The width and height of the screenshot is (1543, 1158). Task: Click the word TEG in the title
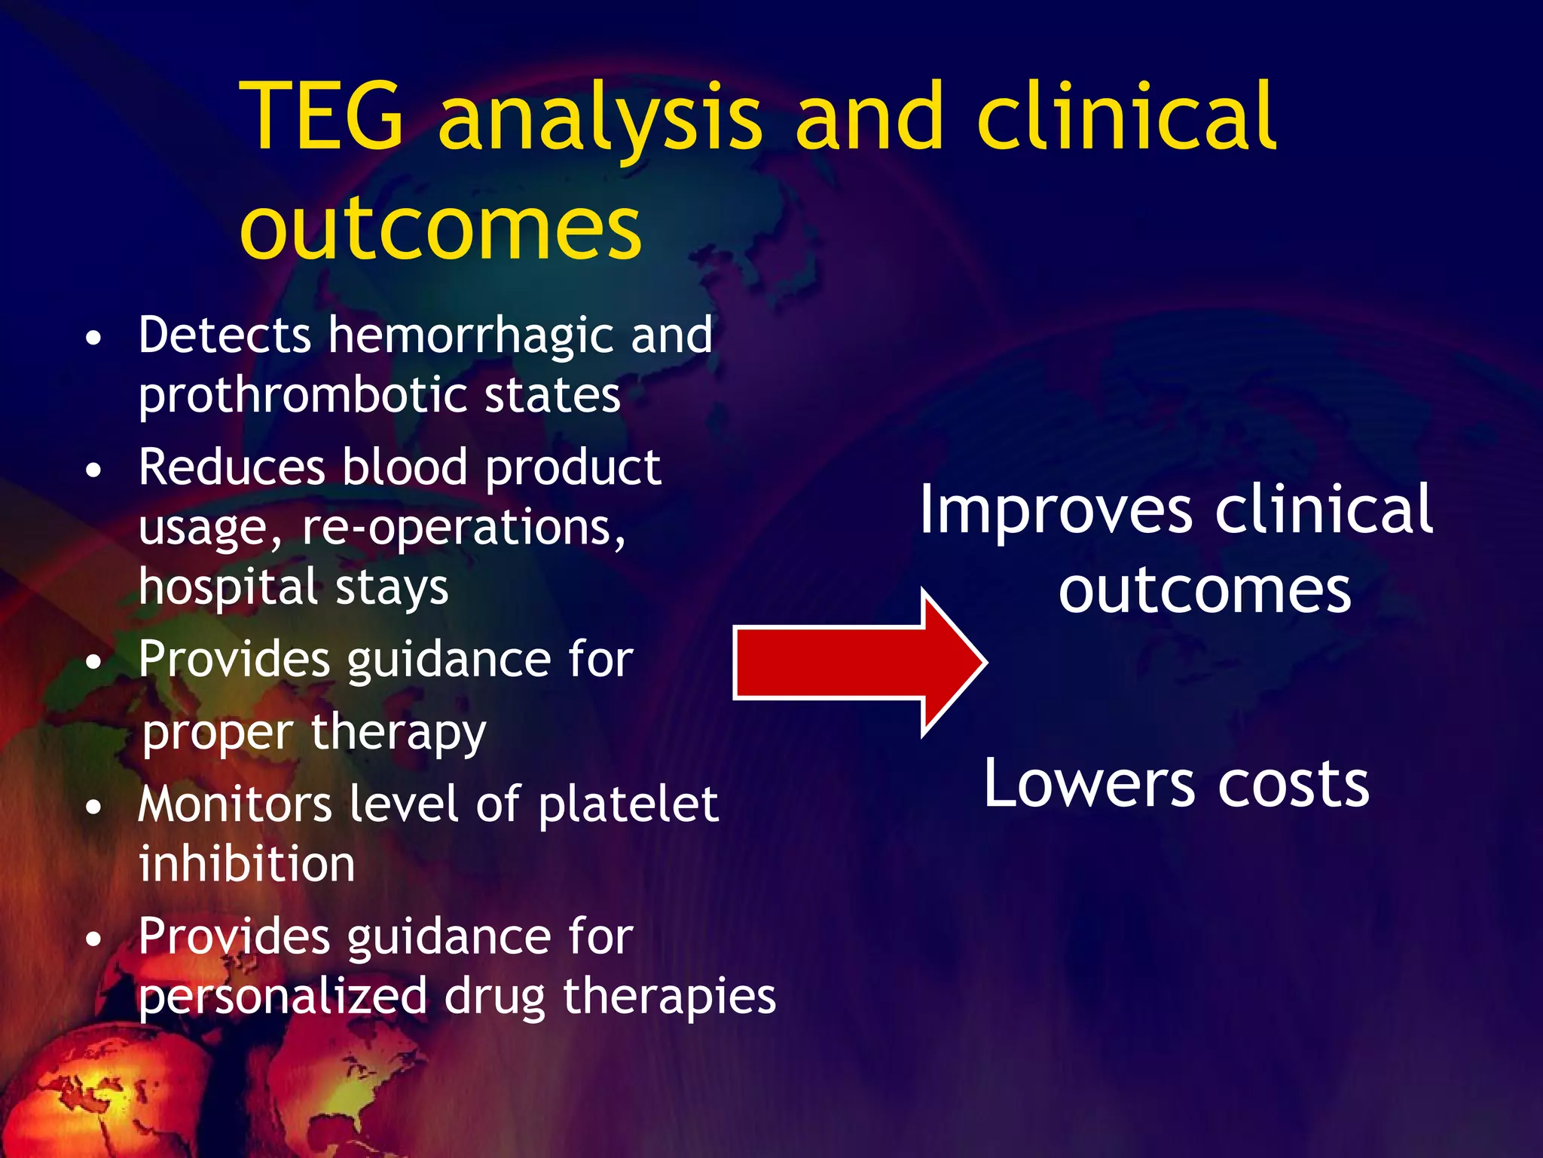pos(324,117)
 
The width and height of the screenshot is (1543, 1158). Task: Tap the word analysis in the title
pos(600,121)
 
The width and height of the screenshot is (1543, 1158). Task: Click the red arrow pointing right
pos(859,662)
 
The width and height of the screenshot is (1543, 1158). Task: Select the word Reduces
pos(231,467)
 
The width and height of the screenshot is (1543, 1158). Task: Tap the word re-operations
pos(463,528)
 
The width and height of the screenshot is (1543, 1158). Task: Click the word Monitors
pos(234,804)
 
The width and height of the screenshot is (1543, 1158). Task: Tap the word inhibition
pos(246,864)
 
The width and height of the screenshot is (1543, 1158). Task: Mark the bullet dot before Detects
pos(93,339)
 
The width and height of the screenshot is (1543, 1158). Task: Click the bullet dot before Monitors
pos(93,808)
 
